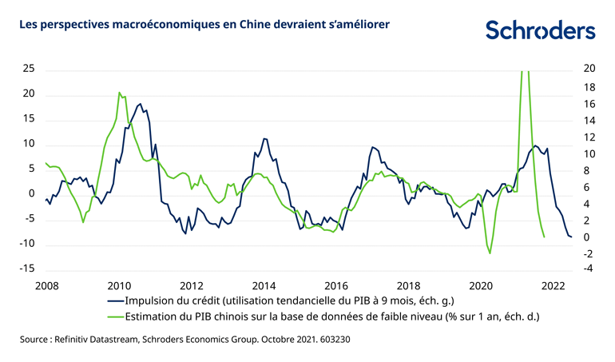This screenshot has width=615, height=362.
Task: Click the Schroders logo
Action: (541, 31)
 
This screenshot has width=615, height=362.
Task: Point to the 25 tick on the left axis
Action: (29, 70)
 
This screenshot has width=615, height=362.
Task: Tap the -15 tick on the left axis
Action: (27, 269)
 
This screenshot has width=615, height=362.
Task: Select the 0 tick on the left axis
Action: (32, 194)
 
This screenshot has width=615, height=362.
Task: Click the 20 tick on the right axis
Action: (590, 70)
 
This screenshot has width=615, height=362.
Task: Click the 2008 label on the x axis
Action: (47, 285)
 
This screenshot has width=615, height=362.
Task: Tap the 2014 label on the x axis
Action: (264, 285)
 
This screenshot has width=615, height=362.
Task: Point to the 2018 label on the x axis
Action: (408, 285)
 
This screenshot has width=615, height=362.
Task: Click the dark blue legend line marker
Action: (119, 300)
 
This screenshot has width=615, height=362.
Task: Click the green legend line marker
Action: (119, 316)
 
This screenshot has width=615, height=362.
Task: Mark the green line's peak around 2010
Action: (119, 93)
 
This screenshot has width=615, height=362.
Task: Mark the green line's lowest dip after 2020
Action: (490, 253)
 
